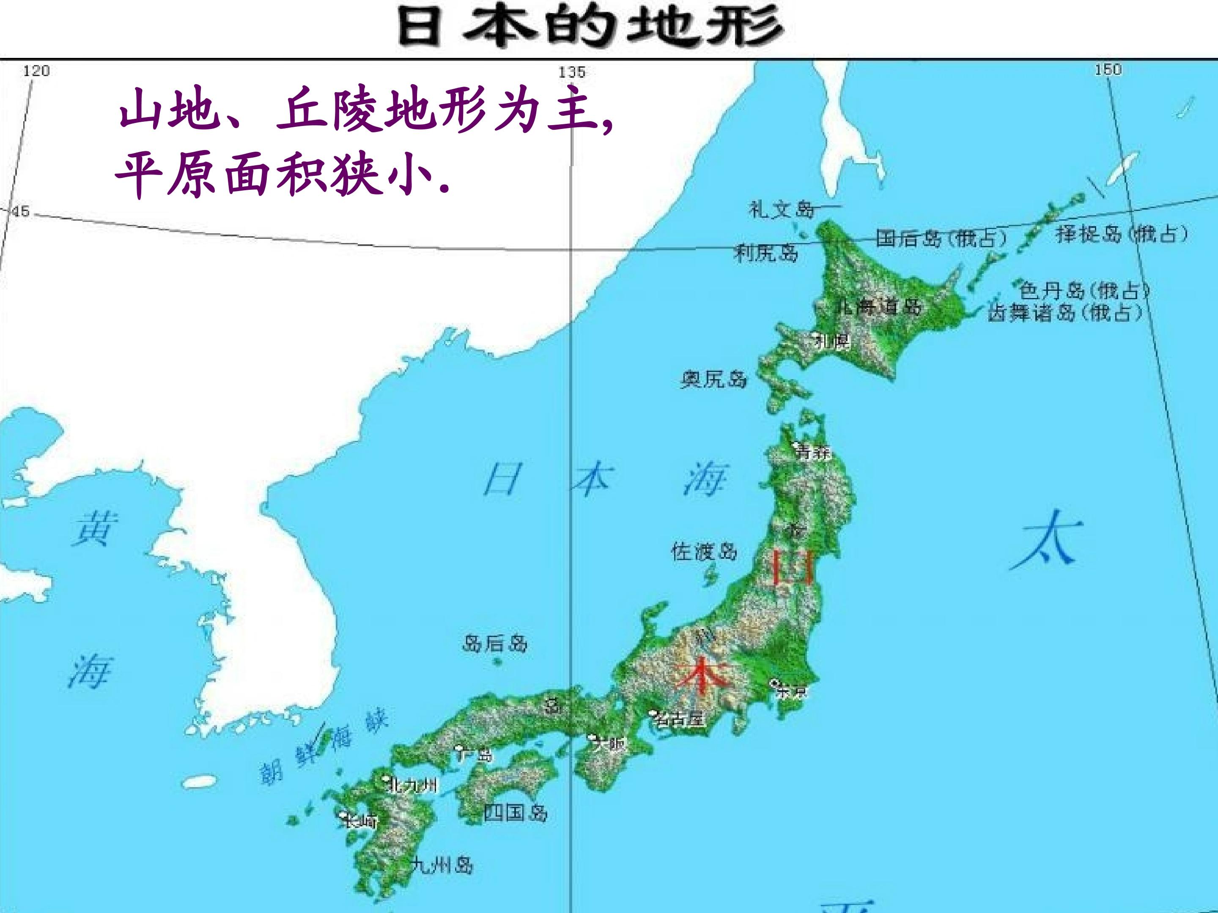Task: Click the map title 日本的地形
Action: coord(591,26)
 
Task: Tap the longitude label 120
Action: coord(36,71)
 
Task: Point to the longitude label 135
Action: coord(572,72)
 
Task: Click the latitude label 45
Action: coord(20,212)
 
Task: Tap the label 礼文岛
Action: coord(781,210)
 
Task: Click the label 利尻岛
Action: coord(766,253)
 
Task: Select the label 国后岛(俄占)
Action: coord(941,238)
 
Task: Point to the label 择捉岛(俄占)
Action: coord(1122,234)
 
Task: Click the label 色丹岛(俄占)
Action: coord(1084,290)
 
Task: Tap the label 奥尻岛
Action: coord(713,379)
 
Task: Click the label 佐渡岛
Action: coord(704,551)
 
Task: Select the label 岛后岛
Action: coord(494,643)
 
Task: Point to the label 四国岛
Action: coord(516,812)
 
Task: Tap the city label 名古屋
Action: coord(680,718)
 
